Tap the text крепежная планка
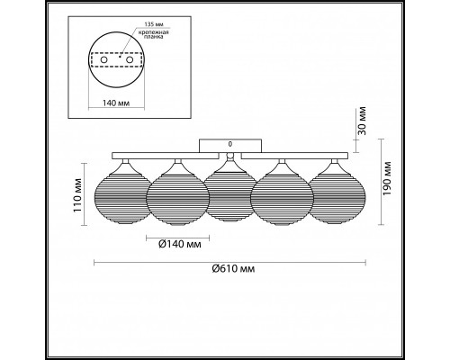click(x=153, y=34)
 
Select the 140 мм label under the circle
click(x=116, y=103)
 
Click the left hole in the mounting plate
click(x=103, y=60)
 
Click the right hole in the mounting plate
click(x=130, y=60)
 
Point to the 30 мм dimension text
click(x=362, y=121)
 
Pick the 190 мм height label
click(x=387, y=178)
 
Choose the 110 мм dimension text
click(x=77, y=195)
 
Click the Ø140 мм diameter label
click(x=180, y=245)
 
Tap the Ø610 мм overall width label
click(x=233, y=269)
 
